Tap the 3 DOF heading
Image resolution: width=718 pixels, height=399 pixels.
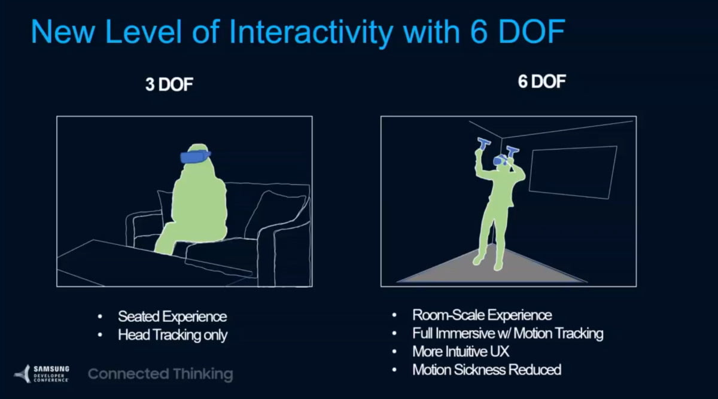tap(169, 84)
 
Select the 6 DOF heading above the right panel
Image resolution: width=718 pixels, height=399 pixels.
tap(541, 81)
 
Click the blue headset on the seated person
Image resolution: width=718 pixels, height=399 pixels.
tap(195, 157)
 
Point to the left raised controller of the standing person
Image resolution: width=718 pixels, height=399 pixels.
tap(483, 143)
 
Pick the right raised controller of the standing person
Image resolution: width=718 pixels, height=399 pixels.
tap(512, 151)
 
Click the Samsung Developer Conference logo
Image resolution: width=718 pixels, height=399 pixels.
tap(42, 374)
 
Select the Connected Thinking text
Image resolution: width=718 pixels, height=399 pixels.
tap(160, 374)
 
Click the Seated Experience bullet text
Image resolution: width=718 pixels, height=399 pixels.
tap(172, 316)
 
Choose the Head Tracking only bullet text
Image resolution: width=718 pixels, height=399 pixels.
tap(172, 335)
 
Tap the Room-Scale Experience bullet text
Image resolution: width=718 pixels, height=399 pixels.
tap(482, 315)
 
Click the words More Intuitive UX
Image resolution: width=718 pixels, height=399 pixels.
tap(461, 352)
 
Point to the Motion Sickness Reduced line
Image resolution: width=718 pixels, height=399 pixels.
tap(486, 370)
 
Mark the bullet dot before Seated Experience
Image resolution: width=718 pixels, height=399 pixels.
tap(100, 317)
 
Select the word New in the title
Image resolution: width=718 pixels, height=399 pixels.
tap(63, 32)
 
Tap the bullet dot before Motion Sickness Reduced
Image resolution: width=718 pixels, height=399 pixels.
tap(394, 370)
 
